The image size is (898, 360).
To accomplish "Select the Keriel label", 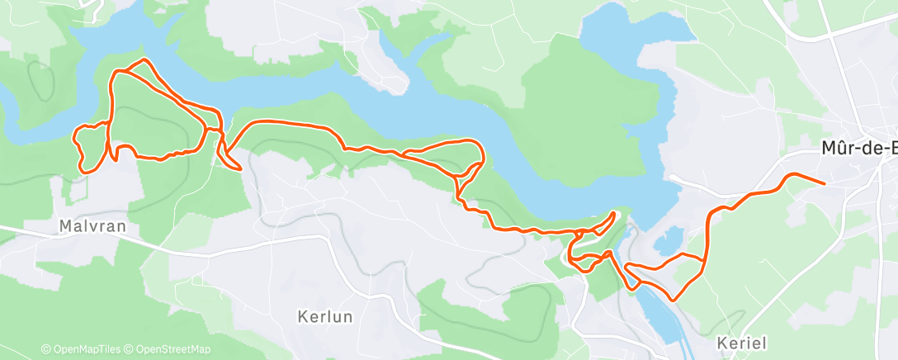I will [742, 343].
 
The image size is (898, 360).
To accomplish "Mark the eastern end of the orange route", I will [825, 182].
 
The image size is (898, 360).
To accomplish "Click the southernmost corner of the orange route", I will [674, 299].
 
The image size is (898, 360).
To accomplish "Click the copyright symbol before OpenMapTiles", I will [45, 349].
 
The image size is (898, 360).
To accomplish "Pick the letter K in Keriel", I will [723, 343].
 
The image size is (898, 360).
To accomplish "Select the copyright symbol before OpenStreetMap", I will [130, 349].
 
